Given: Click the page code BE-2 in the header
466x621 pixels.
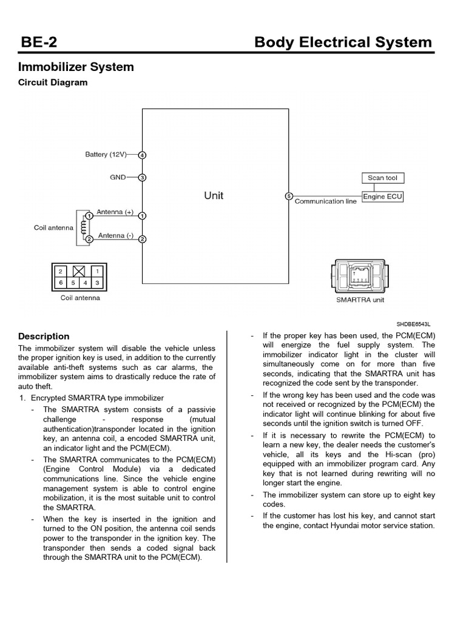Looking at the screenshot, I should tap(39, 42).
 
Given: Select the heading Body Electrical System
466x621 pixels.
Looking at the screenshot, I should tap(343, 42).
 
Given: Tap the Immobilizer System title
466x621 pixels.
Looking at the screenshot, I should tap(76, 67).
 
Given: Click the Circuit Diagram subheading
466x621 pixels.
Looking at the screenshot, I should tap(53, 82).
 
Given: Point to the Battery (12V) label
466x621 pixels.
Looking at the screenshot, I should tap(106, 155).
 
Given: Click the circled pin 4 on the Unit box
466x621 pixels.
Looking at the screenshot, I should tap(142, 155).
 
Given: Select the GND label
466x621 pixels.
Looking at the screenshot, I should tap(118, 178).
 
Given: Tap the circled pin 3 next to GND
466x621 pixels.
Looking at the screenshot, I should tap(142, 178).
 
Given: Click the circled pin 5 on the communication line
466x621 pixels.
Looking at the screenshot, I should tap(289, 196).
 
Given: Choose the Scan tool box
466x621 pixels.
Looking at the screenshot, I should tap(383, 178).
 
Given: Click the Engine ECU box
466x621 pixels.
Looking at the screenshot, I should tap(383, 196).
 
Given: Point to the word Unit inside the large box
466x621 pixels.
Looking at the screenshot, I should tap(214, 196).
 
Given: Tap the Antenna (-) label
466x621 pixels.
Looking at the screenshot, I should tap(115, 235).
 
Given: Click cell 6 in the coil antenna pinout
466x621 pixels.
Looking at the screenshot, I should tap(60, 283).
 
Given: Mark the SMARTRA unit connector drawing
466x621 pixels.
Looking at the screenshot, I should tap(360, 276).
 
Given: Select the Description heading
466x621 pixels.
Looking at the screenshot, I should tap(44, 336).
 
